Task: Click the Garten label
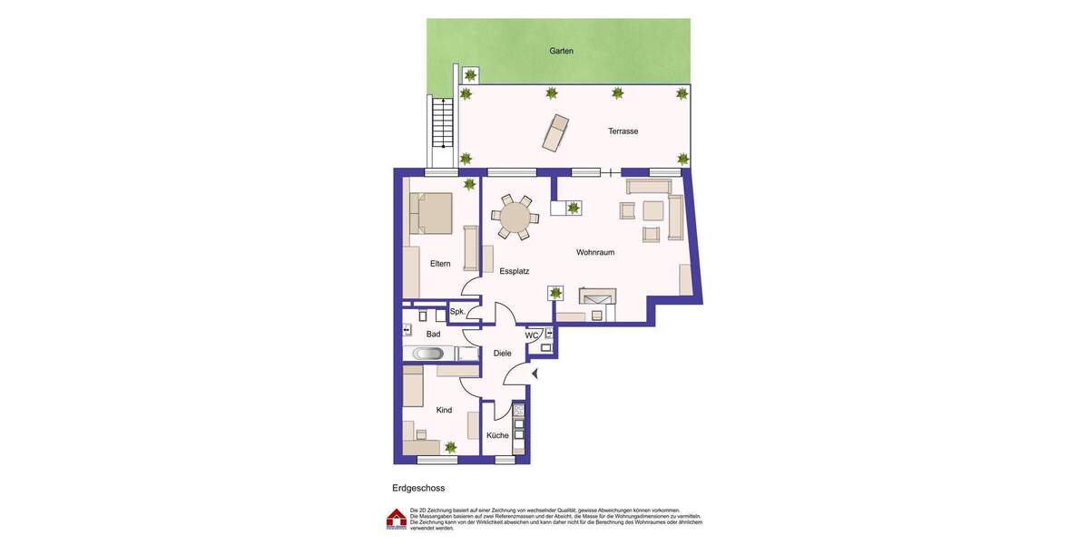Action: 561,51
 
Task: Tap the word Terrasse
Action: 623,131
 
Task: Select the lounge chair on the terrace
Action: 555,132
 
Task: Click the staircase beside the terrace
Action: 442,122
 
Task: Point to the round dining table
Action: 515,218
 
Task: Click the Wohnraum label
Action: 595,252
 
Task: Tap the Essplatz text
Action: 514,271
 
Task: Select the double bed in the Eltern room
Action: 431,213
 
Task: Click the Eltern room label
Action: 440,264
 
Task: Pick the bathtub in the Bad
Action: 428,354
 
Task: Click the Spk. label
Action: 457,312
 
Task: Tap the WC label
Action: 532,335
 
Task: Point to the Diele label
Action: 502,354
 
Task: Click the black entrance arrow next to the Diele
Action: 535,374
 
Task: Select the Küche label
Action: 497,435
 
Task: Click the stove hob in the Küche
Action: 518,411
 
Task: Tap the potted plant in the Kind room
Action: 450,447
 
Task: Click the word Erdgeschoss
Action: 418,488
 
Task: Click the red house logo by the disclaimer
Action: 397,519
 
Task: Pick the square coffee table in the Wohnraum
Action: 653,210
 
